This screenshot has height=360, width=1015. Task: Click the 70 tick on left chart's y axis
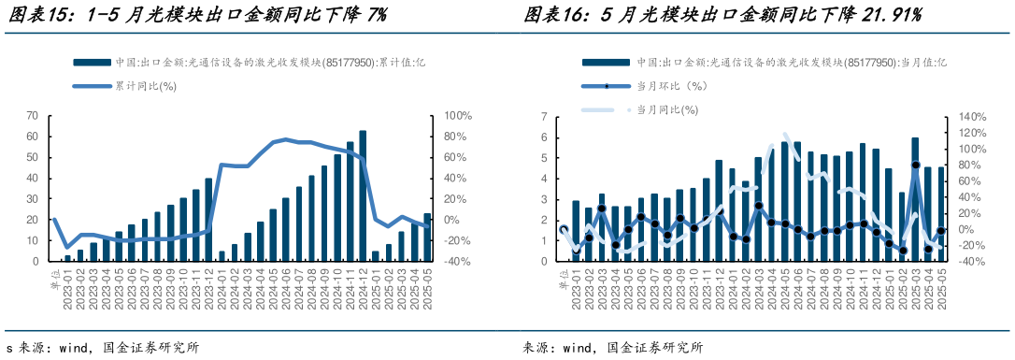[32, 116]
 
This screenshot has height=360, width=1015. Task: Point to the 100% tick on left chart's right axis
[459, 116]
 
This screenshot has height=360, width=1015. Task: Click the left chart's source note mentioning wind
[103, 348]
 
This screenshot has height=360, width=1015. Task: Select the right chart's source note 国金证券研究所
[654, 348]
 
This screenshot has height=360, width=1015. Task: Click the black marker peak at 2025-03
[916, 165]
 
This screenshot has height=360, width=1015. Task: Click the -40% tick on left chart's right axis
[458, 262]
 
